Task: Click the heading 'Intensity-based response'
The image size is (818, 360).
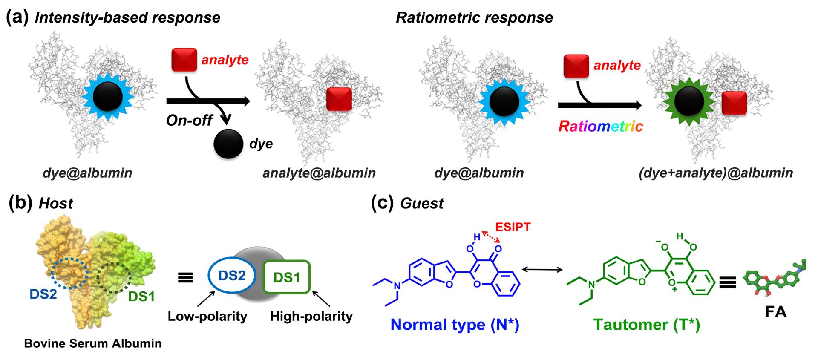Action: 127,17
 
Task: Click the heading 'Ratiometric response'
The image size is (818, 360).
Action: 474,17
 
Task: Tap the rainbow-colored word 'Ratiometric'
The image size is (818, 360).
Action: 600,126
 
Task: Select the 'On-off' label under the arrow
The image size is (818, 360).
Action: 189,121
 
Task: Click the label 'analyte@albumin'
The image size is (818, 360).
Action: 319,173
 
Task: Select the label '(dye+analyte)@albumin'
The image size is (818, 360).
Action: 716,173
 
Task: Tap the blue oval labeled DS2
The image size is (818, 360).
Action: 232,276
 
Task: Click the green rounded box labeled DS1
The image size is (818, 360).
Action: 287,277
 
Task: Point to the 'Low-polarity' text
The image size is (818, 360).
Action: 207,316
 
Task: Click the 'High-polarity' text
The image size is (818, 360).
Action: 311,316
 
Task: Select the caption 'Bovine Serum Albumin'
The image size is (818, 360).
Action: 93,344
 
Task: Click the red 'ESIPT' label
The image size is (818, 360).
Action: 513,227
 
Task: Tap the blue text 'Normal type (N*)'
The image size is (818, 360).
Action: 455,325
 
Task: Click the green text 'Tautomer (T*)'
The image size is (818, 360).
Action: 646,325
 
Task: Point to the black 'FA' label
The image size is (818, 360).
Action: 775,312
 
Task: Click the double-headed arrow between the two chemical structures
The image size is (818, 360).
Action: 542,269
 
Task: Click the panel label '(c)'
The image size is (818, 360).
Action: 382,203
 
